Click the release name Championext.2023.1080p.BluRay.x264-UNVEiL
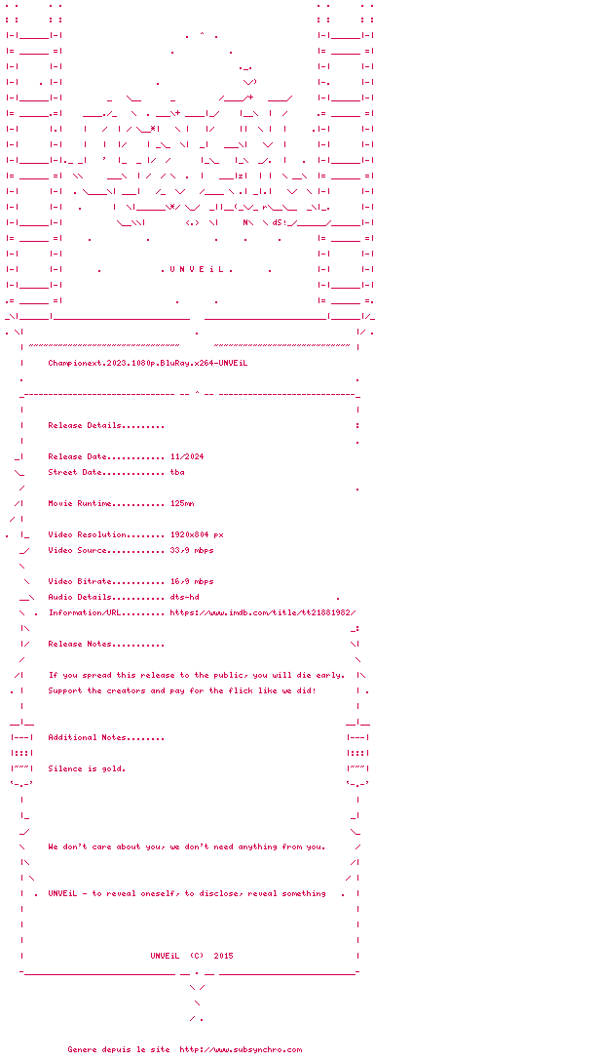coord(148,363)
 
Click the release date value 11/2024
coord(187,456)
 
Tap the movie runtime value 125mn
coord(182,503)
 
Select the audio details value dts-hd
coord(185,597)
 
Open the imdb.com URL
coord(270,612)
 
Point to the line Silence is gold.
coord(87,768)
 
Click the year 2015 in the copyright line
coord(223,956)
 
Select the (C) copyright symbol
coord(197,956)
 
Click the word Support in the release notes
coord(65,690)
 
